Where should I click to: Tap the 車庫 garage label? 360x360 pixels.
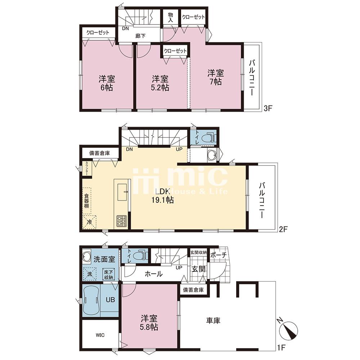pos(213,320)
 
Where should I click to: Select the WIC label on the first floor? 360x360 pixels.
pos(100,335)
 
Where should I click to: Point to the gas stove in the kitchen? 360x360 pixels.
pos(121,221)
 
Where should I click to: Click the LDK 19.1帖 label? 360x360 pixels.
pos(162,196)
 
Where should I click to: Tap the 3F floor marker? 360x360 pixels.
pos(268,108)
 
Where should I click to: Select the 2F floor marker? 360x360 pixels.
pos(283,229)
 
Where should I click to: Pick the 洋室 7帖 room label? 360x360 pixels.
pos(216,77)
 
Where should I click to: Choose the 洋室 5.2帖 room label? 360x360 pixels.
pos(160,83)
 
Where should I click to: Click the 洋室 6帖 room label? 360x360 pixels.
pos(107,83)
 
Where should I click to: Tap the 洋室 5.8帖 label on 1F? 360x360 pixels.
pos(149,323)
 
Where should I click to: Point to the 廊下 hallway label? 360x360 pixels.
pos(140,36)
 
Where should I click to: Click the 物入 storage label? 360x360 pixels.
pos(170,17)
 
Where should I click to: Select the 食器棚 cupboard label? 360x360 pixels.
pos(86,201)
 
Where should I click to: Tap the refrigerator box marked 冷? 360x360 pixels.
pos(89,222)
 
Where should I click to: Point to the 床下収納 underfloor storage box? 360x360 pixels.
pos(108,274)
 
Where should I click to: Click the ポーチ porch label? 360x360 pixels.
pos(219,255)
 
